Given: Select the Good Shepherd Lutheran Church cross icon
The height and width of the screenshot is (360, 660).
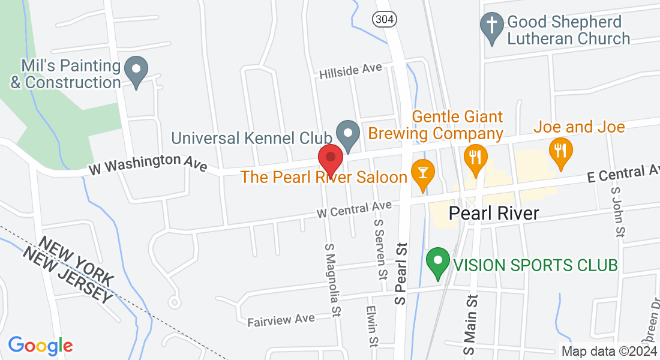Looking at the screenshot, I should coord(492,28).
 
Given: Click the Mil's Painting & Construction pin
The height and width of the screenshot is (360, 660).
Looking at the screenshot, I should coord(136,71).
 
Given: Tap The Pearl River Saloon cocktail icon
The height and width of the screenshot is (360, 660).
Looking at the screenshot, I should coord(423,174).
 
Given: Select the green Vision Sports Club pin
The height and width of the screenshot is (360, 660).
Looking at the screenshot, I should coord(438,262).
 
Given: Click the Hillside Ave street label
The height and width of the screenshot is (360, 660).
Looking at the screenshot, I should coord(350,71).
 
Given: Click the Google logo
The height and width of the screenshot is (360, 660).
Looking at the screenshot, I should coord(40,346).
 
